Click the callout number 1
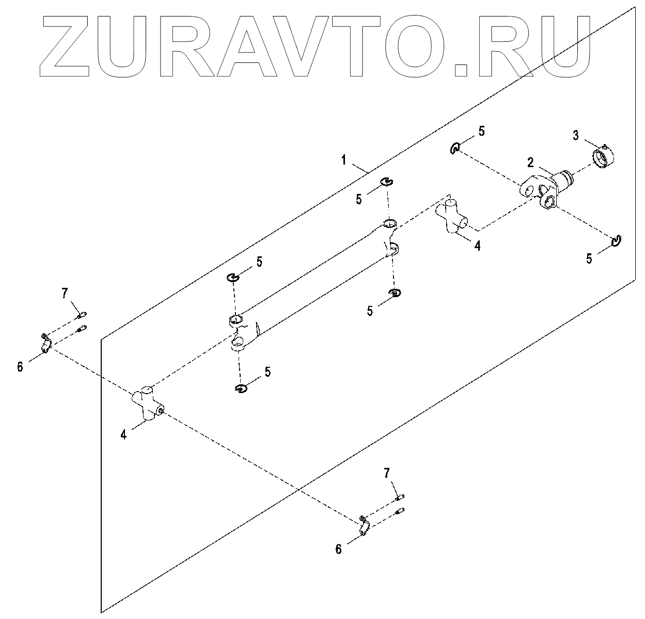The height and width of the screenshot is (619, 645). [343, 160]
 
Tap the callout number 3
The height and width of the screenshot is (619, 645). [576, 135]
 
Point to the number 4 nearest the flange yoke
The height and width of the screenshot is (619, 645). [477, 246]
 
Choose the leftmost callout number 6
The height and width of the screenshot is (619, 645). [20, 367]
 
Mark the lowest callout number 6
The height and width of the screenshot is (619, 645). [338, 549]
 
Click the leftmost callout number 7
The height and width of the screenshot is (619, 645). [64, 294]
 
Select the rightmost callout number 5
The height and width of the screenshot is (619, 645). [589, 258]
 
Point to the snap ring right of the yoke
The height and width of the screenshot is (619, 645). [616, 240]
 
